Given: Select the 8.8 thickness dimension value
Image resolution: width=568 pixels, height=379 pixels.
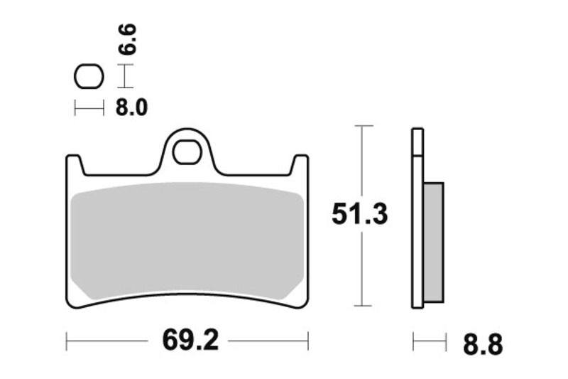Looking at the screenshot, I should pos(482,345).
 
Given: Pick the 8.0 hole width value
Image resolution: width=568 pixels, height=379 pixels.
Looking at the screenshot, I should pos(131,108).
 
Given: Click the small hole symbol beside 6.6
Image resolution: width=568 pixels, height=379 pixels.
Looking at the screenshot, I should pos(89,76).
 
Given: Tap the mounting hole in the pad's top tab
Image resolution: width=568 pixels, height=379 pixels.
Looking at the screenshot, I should pos(187,151).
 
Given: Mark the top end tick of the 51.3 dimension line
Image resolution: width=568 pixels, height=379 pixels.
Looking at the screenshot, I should pos(363,126).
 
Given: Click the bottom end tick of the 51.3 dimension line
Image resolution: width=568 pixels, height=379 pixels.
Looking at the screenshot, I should pos(363,306).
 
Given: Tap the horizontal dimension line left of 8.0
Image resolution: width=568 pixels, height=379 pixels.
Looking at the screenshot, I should pos(89,108).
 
